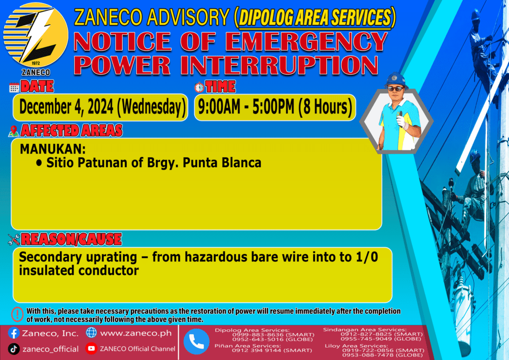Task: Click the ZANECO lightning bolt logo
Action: pyautogui.click(x=36, y=35)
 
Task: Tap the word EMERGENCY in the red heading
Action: pyautogui.click(x=306, y=42)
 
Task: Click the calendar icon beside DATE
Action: pyautogui.click(x=14, y=88)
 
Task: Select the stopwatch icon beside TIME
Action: pyautogui.click(x=199, y=88)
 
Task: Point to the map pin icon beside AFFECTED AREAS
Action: pyautogui.click(x=13, y=131)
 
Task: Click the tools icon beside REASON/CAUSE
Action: pyautogui.click(x=14, y=240)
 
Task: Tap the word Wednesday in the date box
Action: pyautogui.click(x=151, y=107)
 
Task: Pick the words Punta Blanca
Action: pyautogui.click(x=222, y=163)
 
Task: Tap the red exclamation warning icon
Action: pyautogui.click(x=17, y=314)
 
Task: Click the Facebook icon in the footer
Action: pyautogui.click(x=13, y=333)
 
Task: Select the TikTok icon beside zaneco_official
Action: pyautogui.click(x=13, y=349)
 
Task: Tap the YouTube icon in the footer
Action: pyautogui.click(x=91, y=348)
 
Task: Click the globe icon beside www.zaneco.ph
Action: pyautogui.click(x=91, y=333)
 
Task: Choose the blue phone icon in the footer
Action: pyautogui.click(x=196, y=342)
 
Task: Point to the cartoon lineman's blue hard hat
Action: pyautogui.click(x=396, y=80)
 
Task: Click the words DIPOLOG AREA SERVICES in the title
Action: pyautogui.click(x=315, y=17)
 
